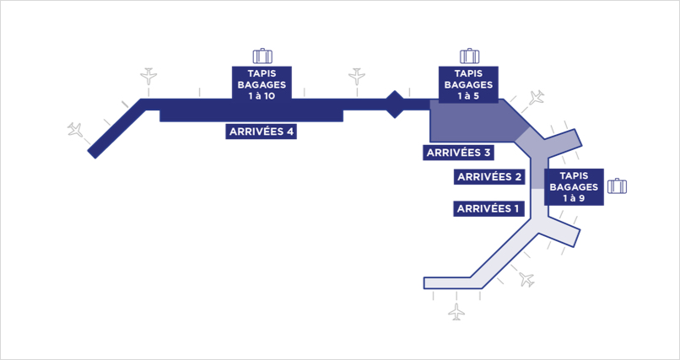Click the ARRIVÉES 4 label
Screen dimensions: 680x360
[261, 132]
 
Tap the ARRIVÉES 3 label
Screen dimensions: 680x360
[459, 153]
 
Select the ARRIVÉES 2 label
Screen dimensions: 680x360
[489, 177]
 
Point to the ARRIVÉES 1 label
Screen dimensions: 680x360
[488, 209]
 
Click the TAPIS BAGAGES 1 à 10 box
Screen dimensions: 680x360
[262, 84]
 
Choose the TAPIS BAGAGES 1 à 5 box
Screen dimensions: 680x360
[468, 84]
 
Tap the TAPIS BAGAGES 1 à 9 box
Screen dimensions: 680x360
[575, 187]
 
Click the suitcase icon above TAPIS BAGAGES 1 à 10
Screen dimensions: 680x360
[262, 56]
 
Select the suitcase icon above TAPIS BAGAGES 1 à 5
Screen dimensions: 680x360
[469, 56]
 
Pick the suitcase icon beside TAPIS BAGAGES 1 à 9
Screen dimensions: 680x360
[617, 185]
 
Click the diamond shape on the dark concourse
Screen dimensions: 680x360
[395, 104]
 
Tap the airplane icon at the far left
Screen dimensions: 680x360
[75, 130]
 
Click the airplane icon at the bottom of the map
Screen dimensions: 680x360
[456, 311]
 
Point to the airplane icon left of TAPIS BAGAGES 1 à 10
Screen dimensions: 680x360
[148, 76]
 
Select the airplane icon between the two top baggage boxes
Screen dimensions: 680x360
[357, 76]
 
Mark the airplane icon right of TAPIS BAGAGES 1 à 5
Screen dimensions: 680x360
[537, 97]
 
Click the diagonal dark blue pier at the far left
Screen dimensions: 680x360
[116, 129]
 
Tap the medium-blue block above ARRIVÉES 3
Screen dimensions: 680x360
[474, 121]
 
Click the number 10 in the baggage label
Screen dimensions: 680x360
[268, 96]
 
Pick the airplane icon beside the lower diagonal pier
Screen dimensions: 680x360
[527, 279]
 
